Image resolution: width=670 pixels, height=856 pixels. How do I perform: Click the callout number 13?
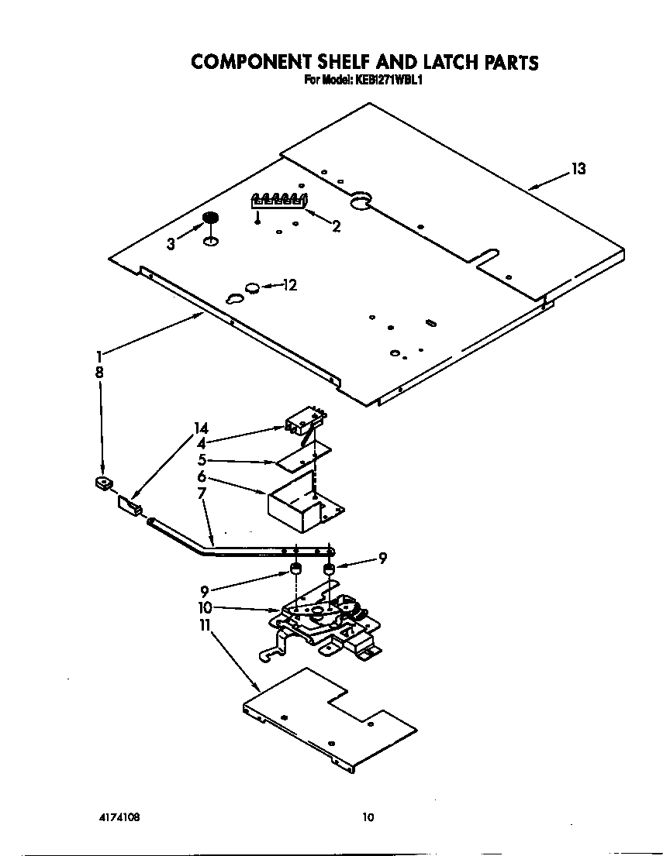(578, 169)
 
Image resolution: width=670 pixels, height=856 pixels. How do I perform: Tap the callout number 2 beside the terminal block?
(335, 226)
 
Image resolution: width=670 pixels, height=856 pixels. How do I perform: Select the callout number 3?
(171, 243)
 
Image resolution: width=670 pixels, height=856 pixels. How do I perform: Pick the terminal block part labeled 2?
(278, 201)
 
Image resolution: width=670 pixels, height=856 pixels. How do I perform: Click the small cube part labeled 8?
(101, 484)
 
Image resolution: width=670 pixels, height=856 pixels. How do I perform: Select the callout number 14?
(202, 428)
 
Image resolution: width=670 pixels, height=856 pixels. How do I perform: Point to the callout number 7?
(202, 493)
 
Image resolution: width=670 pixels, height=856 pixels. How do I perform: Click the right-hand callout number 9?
(382, 558)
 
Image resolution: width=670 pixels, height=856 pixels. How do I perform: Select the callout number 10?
(205, 607)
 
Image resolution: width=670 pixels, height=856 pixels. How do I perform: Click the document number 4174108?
(119, 817)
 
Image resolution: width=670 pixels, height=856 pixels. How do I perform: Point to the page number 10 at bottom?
(368, 816)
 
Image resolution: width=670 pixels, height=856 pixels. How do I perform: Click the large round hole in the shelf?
(361, 203)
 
